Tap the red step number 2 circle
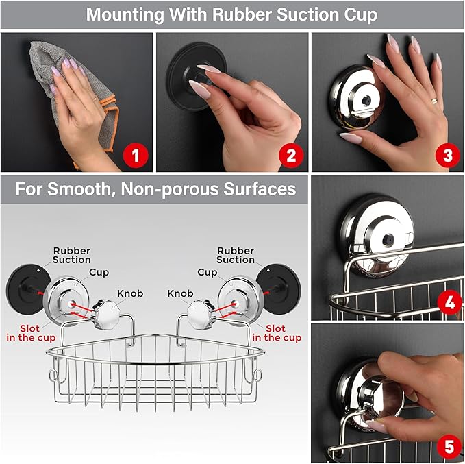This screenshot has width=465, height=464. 290,155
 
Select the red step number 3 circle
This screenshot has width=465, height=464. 447,155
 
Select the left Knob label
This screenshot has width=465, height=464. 129,293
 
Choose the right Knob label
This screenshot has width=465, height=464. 181,293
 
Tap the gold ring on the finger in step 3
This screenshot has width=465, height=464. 433,101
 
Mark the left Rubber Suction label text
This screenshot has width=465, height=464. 71,256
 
